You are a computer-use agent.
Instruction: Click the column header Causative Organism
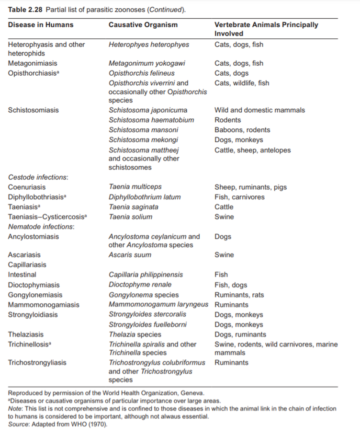143,25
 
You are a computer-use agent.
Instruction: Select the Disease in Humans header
41,25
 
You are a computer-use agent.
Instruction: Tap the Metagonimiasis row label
32,63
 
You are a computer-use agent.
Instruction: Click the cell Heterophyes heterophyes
149,45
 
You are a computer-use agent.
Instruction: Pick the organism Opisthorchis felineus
142,73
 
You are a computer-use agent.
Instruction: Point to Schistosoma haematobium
151,120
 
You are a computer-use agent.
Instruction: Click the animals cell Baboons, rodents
242,130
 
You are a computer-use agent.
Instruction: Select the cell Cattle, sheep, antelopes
252,150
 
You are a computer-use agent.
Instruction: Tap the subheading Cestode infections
38,177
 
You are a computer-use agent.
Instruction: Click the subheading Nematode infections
41,227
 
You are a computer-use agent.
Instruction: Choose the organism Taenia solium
130,217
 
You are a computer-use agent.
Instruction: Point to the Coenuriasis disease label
27,187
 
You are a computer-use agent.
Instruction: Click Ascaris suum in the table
130,255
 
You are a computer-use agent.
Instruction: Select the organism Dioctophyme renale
140,285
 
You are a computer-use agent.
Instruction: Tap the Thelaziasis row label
25,334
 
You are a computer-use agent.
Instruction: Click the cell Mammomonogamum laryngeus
158,305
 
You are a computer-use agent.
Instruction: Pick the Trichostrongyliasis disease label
37,363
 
